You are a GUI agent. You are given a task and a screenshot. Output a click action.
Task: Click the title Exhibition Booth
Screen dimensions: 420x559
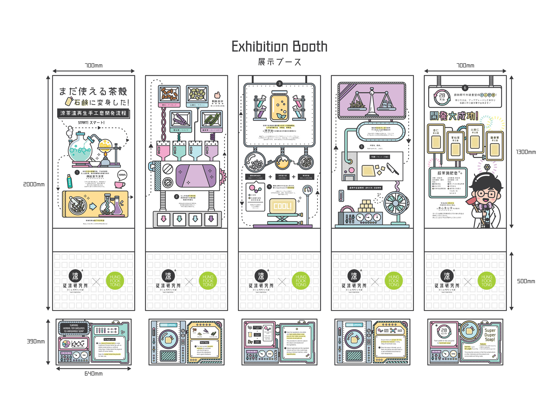279,47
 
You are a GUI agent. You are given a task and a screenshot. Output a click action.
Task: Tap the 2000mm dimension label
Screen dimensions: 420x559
34,185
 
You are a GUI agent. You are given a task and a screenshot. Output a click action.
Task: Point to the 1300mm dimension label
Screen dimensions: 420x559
526,152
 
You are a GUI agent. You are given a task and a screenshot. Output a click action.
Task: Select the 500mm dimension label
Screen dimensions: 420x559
526,281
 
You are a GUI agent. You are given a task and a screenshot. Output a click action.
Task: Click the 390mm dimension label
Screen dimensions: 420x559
36,341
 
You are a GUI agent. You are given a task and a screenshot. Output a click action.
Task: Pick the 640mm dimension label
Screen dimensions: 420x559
94,374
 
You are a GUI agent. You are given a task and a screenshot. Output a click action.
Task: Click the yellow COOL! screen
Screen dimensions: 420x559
282,206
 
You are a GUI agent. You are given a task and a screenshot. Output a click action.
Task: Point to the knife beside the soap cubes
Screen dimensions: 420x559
393,169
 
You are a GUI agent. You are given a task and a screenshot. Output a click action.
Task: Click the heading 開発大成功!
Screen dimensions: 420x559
454,116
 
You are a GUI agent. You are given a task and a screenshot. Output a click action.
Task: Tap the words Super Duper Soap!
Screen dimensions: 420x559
490,335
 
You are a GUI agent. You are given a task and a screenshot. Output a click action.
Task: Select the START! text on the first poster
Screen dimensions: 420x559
91,123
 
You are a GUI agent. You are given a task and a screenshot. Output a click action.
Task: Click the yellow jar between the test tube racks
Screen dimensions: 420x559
279,107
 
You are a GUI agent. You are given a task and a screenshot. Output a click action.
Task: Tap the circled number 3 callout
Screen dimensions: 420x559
279,84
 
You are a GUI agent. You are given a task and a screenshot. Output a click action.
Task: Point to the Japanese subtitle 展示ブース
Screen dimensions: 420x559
279,62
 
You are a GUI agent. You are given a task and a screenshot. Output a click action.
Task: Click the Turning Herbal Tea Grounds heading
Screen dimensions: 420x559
74,328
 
